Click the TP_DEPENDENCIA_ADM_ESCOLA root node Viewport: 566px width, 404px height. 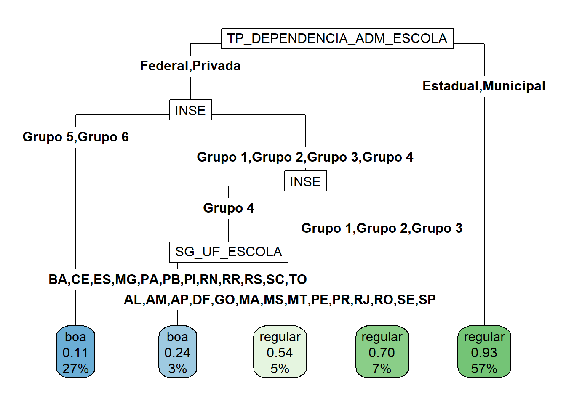click(337, 39)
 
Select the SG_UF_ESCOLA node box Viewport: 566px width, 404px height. click(229, 252)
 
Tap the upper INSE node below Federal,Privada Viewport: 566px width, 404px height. click(190, 110)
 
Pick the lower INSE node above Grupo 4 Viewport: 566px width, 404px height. click(305, 181)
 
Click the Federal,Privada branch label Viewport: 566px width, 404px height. click(190, 66)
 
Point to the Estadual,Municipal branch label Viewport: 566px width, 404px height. click(484, 86)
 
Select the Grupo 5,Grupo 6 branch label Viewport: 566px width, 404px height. click(76, 137)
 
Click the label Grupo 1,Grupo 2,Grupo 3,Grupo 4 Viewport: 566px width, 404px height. click(305, 157)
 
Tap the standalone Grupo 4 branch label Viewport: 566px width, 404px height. click(229, 208)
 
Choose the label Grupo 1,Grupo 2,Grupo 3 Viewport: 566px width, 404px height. click(382, 229)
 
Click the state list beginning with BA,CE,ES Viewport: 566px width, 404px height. click(178, 279)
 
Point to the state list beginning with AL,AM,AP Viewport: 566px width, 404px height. click(280, 300)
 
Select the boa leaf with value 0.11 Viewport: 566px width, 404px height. click(76, 352)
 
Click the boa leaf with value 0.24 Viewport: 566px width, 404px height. click(177, 352)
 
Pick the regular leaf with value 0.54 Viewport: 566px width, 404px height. click(280, 352)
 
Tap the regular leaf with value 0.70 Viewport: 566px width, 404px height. click(382, 352)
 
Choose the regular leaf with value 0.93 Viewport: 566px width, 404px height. click(484, 352)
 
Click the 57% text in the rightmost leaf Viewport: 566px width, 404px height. click(484, 369)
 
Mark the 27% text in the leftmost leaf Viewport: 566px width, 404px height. click(76, 369)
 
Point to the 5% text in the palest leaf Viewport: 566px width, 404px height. click(280, 369)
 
